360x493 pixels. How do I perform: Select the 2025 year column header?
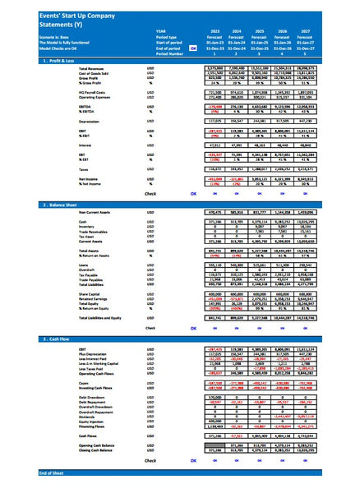pos(259,30)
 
